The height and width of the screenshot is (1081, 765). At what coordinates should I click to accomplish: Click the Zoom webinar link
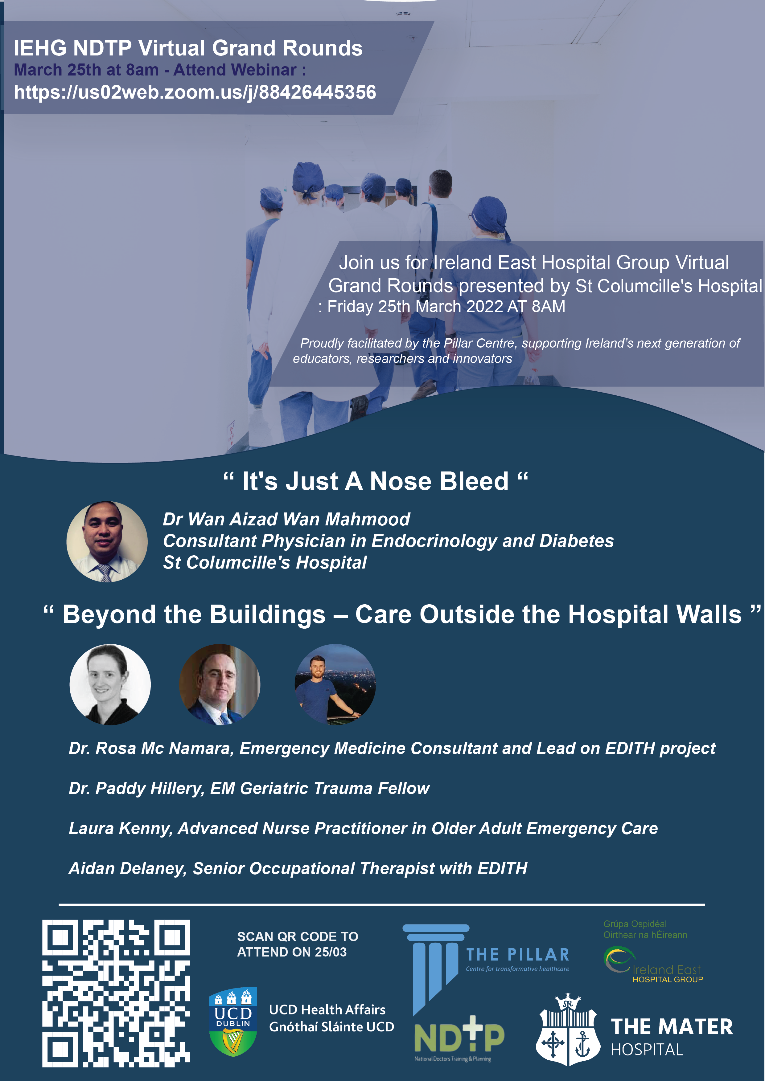[x=195, y=92]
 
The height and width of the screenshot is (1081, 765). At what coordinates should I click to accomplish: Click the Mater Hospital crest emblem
[x=568, y=1030]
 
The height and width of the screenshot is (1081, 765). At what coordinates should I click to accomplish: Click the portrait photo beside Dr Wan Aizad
[x=107, y=541]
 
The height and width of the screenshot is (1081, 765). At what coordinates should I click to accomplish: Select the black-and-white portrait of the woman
[x=110, y=684]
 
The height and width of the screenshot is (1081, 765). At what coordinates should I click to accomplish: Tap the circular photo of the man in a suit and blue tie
[x=220, y=684]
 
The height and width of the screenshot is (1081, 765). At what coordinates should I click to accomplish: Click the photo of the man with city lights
[x=335, y=684]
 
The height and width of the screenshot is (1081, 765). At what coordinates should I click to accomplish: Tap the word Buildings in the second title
[x=268, y=614]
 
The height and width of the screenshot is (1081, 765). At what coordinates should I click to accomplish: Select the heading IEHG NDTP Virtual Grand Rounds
[x=188, y=48]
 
